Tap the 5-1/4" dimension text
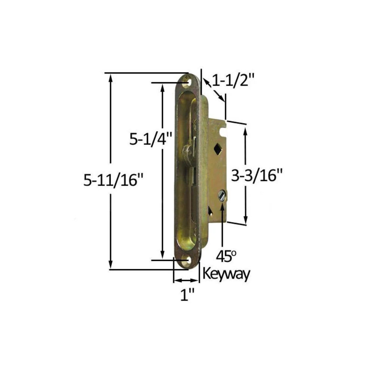[x=151, y=139]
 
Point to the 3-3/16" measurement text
[x=257, y=175]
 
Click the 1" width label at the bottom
[x=187, y=295]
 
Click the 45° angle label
[x=226, y=256]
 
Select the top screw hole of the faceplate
[x=186, y=82]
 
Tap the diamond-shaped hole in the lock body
[x=218, y=149]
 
